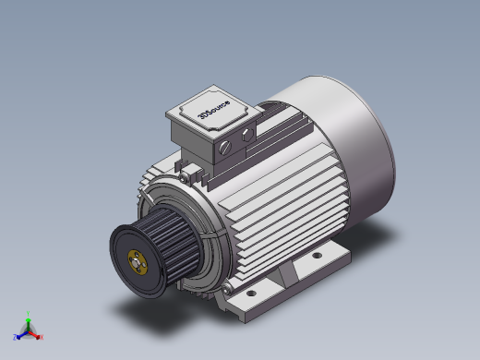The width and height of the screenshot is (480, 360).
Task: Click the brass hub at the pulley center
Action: pyautogui.click(x=138, y=262)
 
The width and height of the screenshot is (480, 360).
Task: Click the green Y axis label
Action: pyautogui.click(x=29, y=313)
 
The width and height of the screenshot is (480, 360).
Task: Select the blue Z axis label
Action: pyautogui.click(x=16, y=336)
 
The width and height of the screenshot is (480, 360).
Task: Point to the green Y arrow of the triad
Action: pyautogui.click(x=29, y=320)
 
